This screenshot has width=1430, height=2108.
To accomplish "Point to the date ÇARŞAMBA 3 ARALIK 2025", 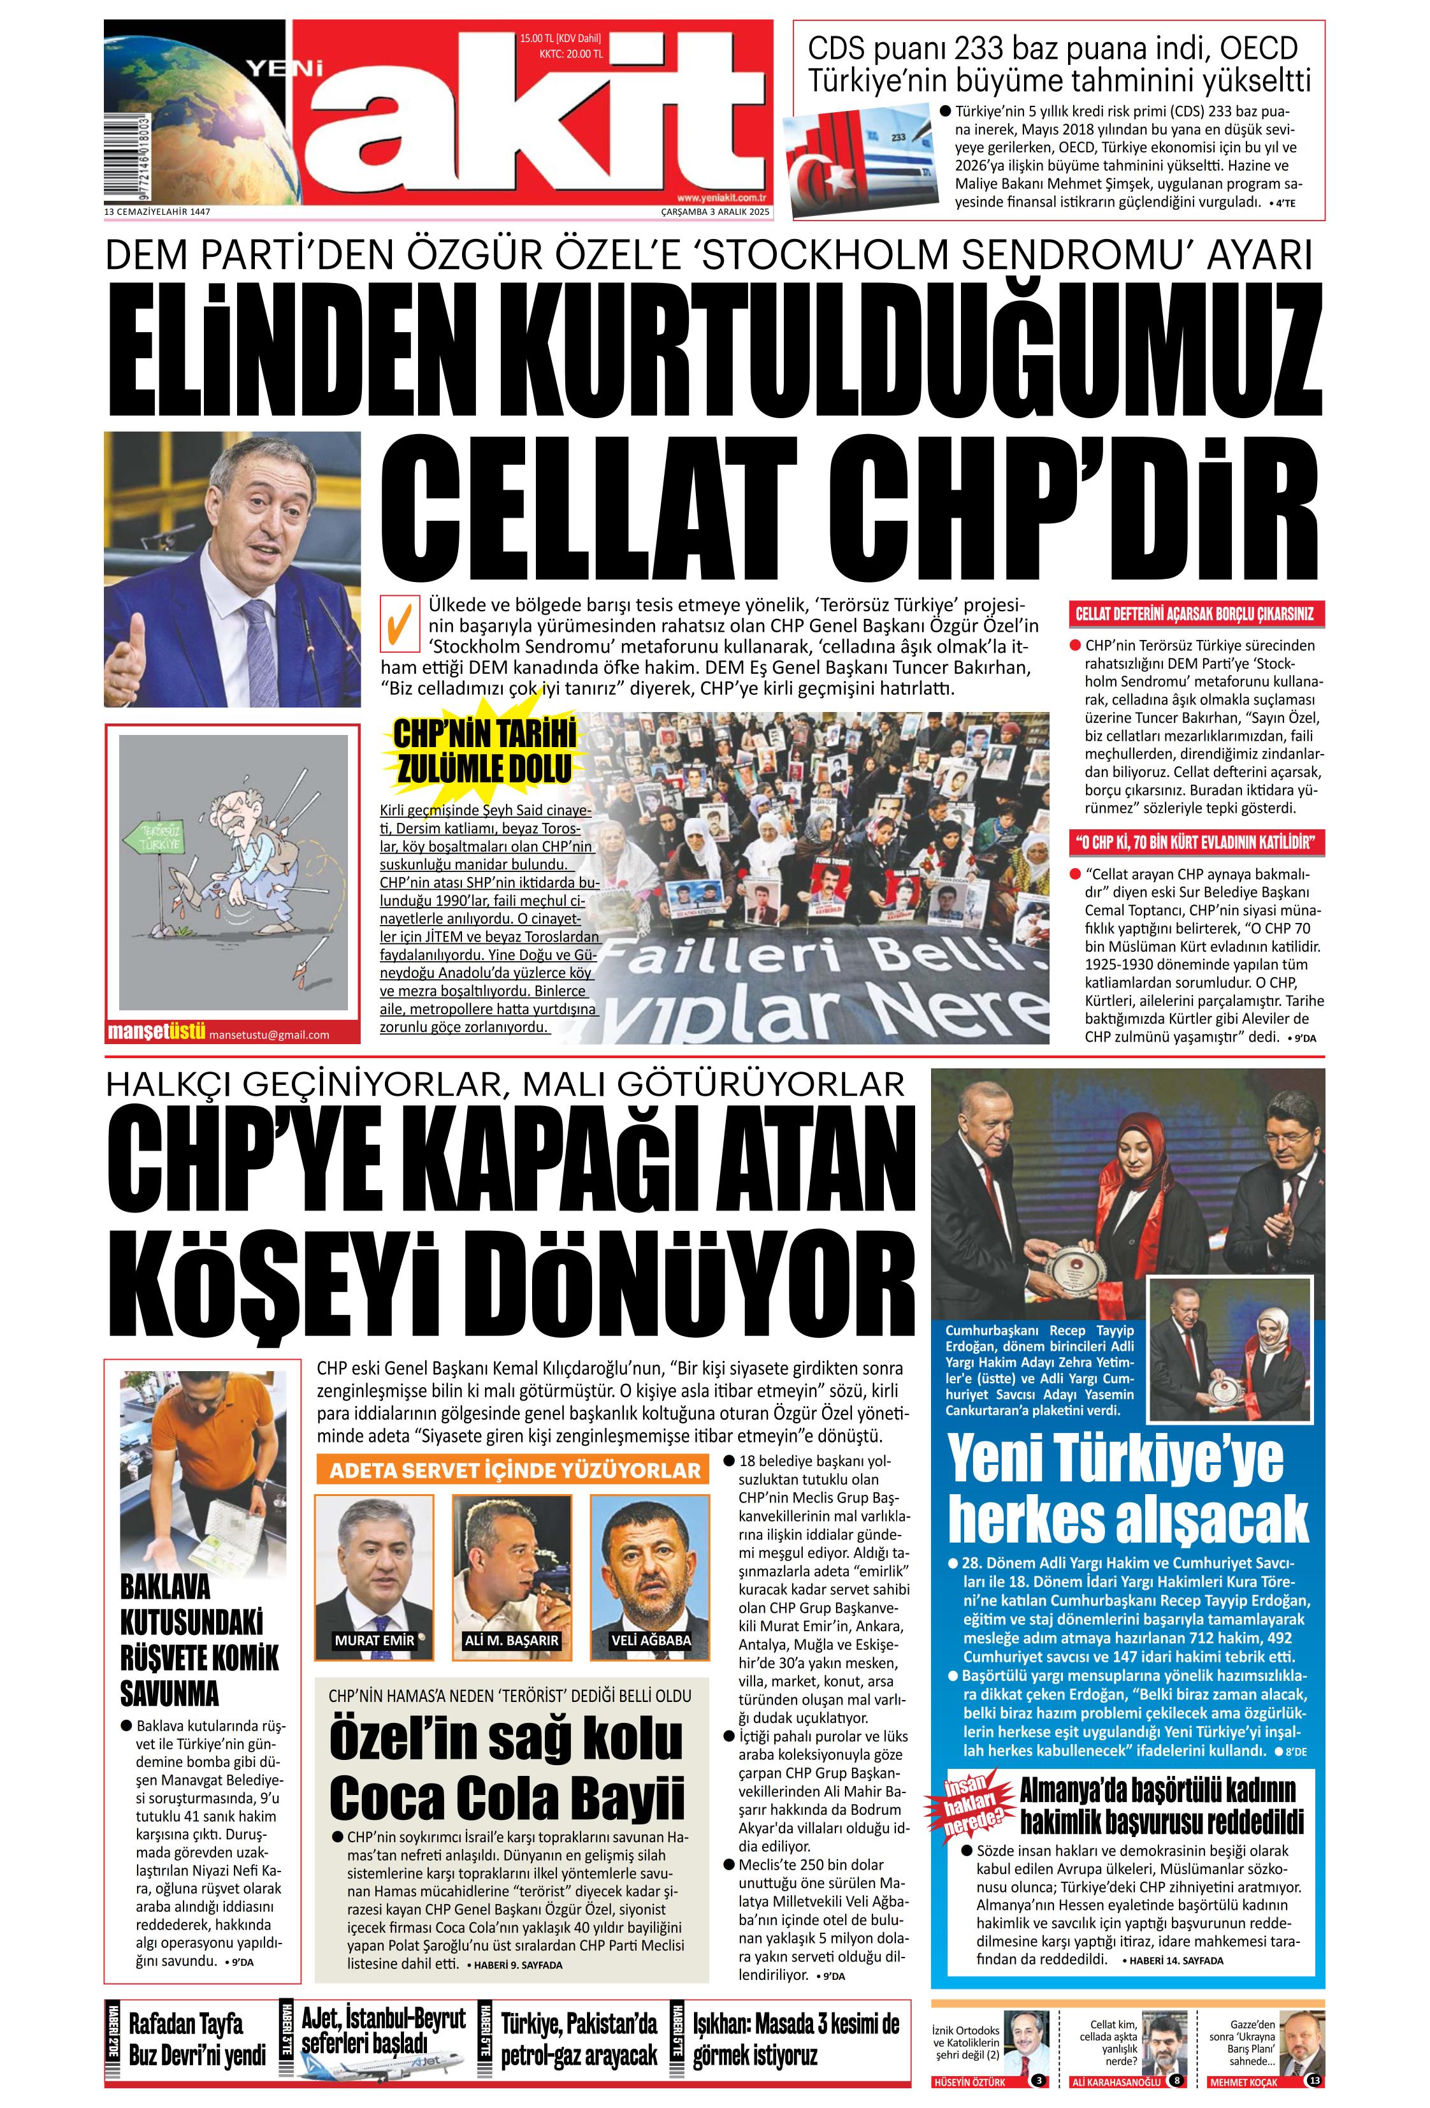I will tap(714, 212).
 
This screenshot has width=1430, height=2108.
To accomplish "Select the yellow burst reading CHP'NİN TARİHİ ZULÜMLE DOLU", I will tap(484, 750).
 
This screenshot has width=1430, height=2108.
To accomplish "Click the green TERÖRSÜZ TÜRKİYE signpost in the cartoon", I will tap(161, 838).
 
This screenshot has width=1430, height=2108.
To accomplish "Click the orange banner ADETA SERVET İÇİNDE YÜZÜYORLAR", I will tap(514, 1471).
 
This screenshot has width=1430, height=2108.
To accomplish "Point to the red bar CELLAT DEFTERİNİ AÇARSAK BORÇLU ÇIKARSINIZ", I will tap(1194, 614).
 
